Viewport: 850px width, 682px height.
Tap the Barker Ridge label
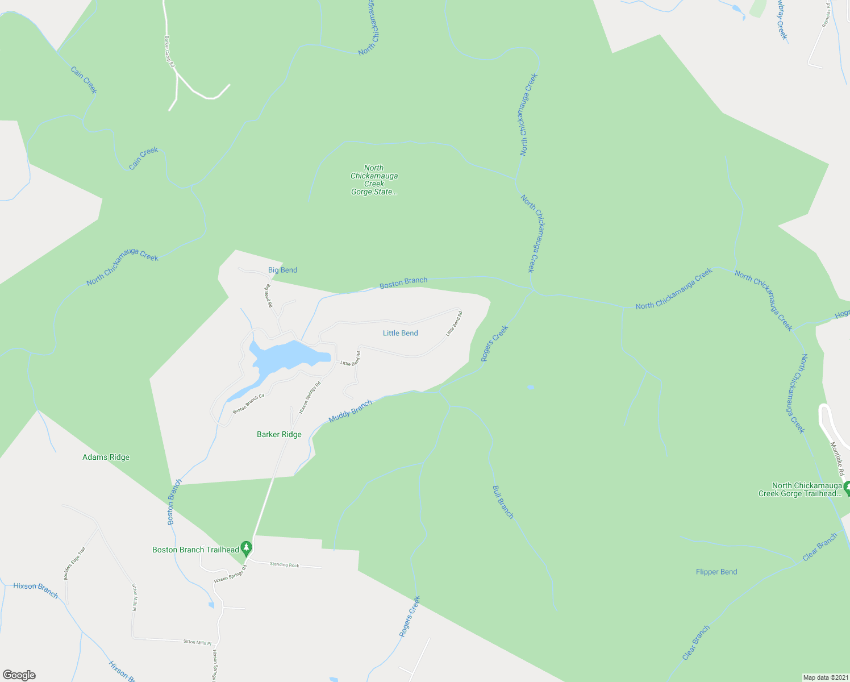click(279, 434)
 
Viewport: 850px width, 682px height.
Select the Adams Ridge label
click(106, 457)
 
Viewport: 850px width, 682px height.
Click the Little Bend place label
click(400, 333)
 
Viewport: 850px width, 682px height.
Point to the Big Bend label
click(282, 270)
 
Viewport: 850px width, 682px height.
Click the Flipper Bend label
click(716, 572)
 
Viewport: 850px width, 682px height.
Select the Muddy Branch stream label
click(350, 411)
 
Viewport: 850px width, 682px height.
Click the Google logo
click(19, 675)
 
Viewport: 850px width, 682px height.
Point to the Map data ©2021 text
click(824, 677)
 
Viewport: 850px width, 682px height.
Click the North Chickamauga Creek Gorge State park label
click(374, 180)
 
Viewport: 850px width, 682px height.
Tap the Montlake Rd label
click(838, 459)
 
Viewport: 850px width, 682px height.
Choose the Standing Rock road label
click(284, 565)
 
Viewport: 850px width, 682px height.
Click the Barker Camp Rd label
click(169, 52)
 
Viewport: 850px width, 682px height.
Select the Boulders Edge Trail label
click(74, 563)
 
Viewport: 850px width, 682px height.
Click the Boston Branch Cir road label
click(248, 403)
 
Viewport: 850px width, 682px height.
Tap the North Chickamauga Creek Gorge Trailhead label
click(800, 489)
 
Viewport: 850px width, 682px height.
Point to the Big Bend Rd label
click(269, 296)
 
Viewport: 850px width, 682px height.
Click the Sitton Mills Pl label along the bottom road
click(197, 642)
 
